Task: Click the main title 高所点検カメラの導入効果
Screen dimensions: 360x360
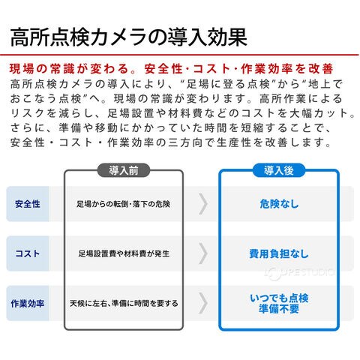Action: (129, 37)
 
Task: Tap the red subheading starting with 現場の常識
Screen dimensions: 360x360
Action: (172, 69)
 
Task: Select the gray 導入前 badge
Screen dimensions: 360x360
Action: (124, 170)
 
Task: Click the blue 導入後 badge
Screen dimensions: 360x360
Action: (279, 170)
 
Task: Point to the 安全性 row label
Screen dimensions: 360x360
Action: (28, 204)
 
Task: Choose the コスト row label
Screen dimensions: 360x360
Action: (28, 253)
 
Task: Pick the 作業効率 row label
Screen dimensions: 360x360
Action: (28, 304)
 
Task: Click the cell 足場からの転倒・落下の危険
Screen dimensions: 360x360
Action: (124, 204)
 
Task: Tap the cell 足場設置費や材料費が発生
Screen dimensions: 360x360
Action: (124, 253)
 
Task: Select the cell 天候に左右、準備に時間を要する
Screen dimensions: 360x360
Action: (124, 304)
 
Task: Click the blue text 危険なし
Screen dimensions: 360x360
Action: (279, 204)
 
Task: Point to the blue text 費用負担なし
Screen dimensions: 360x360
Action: (279, 253)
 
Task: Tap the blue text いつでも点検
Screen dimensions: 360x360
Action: (279, 298)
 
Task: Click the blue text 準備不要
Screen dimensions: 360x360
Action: (279, 309)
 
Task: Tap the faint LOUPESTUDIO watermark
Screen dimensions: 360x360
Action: (299, 273)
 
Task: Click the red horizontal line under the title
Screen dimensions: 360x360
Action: (179, 54)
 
